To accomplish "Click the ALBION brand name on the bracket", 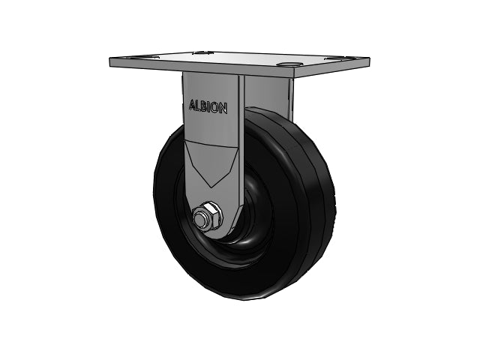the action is pyautogui.click(x=208, y=106).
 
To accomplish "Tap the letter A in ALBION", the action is pyautogui.click(x=192, y=105).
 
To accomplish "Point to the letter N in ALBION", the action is pyautogui.click(x=223, y=108).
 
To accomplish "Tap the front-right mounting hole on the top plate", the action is pyautogui.click(x=288, y=64).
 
